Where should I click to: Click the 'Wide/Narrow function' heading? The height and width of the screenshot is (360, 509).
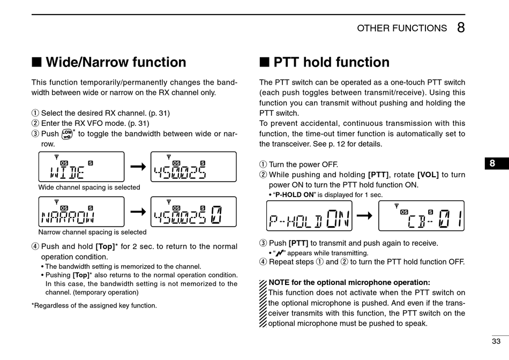pos(116,63)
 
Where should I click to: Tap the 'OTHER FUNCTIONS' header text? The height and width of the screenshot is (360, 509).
pos(402,28)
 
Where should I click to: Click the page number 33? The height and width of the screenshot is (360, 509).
pos(496,341)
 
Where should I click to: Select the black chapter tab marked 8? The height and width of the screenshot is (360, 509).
pos(492,163)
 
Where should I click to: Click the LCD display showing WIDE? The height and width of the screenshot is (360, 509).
pos(81,167)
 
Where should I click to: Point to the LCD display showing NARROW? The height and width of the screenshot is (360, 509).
pos(81,212)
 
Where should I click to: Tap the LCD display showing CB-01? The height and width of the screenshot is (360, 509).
pos(421,216)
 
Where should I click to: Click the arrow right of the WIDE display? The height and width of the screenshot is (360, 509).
pos(138,167)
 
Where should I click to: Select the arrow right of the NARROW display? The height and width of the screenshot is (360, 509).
pos(138,212)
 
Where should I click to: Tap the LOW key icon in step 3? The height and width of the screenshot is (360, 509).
pos(67,134)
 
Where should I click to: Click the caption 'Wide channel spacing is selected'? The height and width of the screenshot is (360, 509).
pos(89,187)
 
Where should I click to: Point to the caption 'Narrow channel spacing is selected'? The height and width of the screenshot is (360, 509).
pos(92,232)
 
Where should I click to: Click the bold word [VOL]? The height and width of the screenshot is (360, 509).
pos(428,175)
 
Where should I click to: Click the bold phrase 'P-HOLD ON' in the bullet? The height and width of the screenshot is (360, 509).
pos(294,194)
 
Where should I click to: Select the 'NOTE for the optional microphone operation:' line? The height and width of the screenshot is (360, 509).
pos(349,282)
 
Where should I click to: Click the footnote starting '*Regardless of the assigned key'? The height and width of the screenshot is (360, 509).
pos(94,305)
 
